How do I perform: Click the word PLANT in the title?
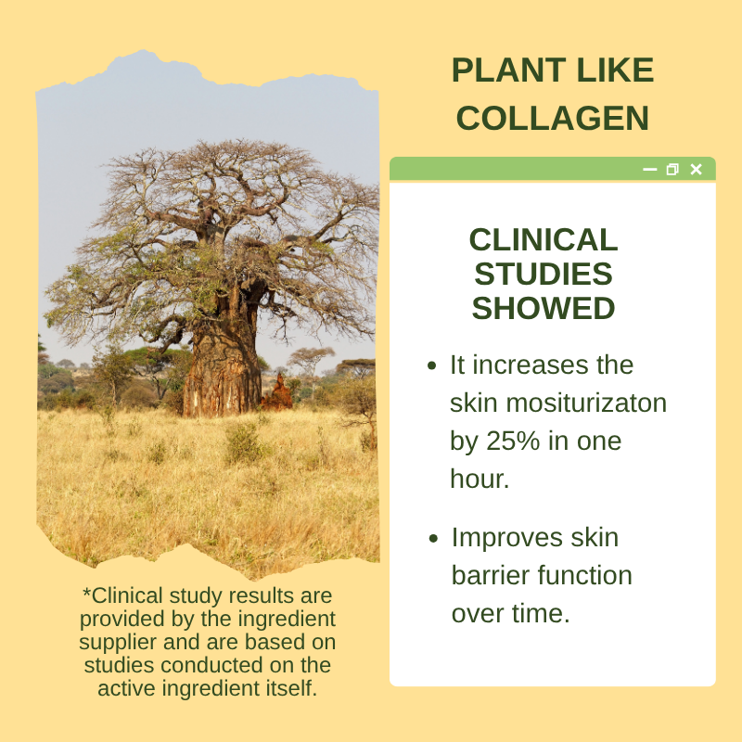[509, 70]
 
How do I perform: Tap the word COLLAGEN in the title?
[552, 119]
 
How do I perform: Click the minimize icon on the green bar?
[650, 170]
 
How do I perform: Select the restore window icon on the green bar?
[672, 170]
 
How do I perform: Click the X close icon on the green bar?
[697, 170]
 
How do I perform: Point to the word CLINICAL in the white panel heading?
[544, 239]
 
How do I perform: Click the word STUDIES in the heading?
[544, 274]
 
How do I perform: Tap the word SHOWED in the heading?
[544, 308]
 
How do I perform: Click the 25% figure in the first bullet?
[513, 441]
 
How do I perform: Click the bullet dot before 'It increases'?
[431, 365]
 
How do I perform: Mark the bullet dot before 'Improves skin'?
[433, 538]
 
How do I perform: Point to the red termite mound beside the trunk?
[277, 393]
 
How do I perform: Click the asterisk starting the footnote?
[86, 592]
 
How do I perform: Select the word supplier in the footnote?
[118, 643]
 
